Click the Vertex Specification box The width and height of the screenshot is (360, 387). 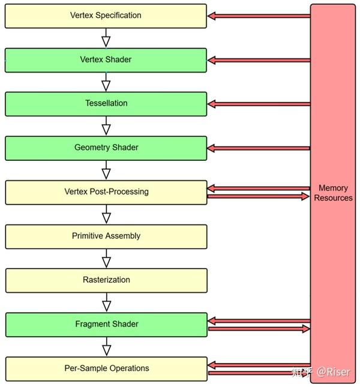tap(106, 16)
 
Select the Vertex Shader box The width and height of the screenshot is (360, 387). tap(106, 60)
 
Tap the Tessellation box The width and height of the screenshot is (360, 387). tap(106, 104)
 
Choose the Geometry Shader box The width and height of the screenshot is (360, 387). tap(106, 148)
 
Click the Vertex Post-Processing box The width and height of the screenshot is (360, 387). tap(106, 192)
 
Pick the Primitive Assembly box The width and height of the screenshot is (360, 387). tap(106, 236)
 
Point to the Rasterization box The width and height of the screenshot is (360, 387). tap(106, 280)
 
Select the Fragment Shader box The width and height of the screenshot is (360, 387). tap(106, 325)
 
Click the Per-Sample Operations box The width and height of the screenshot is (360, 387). tap(106, 369)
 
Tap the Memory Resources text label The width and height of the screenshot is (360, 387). tap(333, 193)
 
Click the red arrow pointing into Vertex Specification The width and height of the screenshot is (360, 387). tap(259, 16)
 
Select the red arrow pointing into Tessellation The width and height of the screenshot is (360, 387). tap(259, 104)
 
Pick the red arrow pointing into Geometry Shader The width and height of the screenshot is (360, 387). tap(259, 148)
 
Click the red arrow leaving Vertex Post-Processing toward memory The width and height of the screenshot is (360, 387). tap(259, 196)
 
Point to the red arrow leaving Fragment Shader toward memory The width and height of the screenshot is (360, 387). tap(259, 329)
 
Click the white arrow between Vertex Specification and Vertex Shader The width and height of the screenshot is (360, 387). tap(106, 38)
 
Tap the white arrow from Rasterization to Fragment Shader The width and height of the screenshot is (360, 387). tap(106, 302)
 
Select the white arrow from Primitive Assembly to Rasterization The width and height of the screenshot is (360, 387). tap(106, 259)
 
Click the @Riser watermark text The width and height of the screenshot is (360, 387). tap(333, 371)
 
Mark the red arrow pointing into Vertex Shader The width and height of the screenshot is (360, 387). tap(259, 60)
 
